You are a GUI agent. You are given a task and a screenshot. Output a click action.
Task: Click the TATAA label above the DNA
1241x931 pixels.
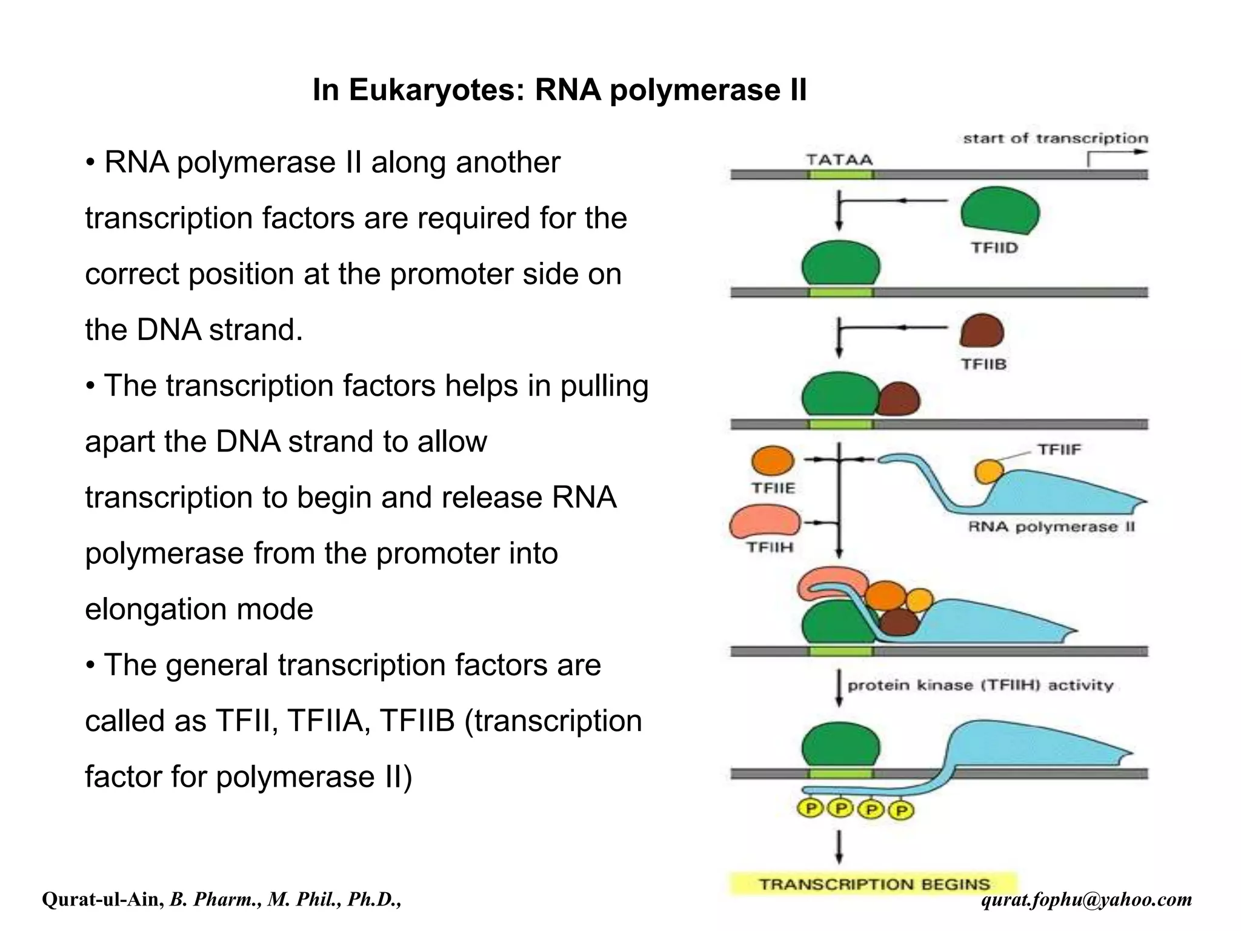pyautogui.click(x=839, y=160)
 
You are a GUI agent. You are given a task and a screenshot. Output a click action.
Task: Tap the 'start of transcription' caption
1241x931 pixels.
pyautogui.click(x=1055, y=138)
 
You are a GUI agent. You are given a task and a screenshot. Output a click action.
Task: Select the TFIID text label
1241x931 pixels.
pyautogui.click(x=994, y=248)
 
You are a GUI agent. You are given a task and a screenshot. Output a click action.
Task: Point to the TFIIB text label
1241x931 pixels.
pyautogui.click(x=983, y=364)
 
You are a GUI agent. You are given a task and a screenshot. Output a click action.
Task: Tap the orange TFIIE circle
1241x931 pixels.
pyautogui.click(x=773, y=461)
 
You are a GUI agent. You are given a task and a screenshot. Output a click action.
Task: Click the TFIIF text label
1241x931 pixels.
pyautogui.click(x=1059, y=450)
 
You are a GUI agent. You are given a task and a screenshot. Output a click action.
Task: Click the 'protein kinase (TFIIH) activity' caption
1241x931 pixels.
pyautogui.click(x=980, y=686)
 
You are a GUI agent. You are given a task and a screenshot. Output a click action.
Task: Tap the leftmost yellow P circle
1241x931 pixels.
pyautogui.click(x=810, y=808)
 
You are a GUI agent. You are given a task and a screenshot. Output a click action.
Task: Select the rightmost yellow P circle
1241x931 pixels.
pyautogui.click(x=901, y=810)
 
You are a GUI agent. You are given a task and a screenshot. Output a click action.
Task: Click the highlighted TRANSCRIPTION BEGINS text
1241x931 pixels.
pyautogui.click(x=874, y=884)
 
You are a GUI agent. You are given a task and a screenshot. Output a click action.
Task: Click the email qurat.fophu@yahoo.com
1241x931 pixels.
pyautogui.click(x=1086, y=899)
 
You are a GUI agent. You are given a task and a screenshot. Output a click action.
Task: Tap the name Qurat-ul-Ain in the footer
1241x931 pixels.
pyautogui.click(x=102, y=899)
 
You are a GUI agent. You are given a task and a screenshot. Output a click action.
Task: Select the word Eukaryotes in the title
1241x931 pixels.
pyautogui.click(x=436, y=90)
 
